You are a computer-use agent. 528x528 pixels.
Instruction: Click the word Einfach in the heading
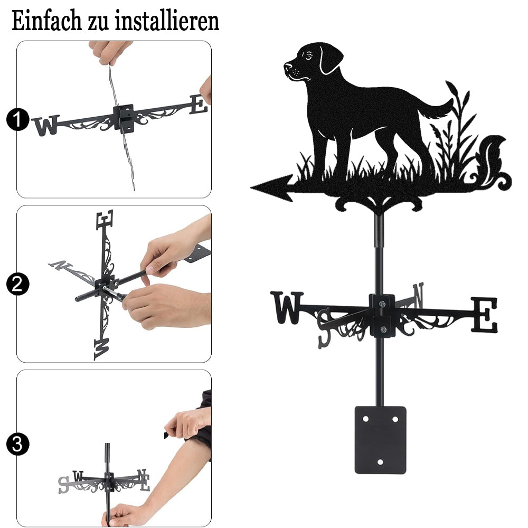click(46, 21)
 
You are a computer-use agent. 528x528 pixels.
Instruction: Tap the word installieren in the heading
click(167, 21)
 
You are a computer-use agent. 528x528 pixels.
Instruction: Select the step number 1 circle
click(17, 119)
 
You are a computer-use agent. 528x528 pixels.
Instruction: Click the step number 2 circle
click(17, 284)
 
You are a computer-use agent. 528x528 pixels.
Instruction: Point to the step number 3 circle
click(17, 444)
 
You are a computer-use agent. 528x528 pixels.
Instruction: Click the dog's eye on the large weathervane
click(308, 55)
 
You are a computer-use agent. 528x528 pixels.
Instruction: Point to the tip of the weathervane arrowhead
click(250, 187)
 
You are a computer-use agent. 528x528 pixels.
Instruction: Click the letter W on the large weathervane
click(287, 307)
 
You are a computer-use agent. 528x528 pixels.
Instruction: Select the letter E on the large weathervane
click(484, 315)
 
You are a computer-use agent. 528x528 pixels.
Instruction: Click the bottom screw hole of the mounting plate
click(380, 461)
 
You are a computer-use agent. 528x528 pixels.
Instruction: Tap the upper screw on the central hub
click(382, 304)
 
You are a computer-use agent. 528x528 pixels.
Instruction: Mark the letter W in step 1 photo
click(46, 125)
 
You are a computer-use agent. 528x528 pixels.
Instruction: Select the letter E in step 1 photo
click(199, 104)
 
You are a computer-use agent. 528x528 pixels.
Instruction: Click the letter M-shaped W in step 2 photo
click(102, 349)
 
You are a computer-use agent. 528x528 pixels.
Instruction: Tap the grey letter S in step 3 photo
click(64, 485)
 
